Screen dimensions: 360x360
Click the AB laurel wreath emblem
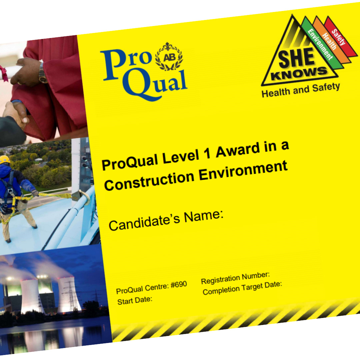pos(169,56)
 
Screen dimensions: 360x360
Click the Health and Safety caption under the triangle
pos(301,90)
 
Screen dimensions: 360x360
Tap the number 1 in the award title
pos(207,154)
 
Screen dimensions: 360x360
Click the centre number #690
pos(179,285)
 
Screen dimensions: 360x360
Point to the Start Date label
pos(135,300)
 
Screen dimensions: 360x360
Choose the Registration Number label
pos(235,278)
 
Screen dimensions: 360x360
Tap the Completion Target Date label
pos(242,288)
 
